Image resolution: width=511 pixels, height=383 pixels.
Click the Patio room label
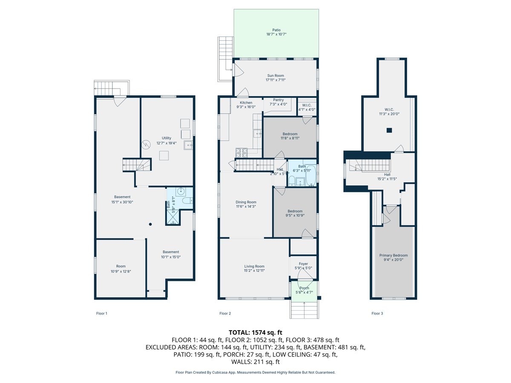276,30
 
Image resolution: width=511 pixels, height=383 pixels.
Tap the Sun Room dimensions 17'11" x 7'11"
276,80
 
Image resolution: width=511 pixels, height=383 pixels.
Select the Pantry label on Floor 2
278,100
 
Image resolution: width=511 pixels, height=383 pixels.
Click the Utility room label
167,138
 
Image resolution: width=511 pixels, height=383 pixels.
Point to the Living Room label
254,266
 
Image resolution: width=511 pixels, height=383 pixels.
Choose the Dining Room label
246,202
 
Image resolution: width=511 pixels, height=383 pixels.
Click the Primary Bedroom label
393,255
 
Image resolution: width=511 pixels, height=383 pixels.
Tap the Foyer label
303,264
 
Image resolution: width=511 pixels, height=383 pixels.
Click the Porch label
304,288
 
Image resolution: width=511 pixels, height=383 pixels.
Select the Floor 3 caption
377,314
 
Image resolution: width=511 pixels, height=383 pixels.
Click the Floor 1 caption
102,314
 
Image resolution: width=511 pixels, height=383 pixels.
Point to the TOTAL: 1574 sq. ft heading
255,332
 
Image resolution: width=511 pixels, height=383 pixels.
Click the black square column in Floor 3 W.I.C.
389,131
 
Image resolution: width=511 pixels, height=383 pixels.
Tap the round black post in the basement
150,224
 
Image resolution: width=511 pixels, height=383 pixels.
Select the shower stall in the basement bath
173,217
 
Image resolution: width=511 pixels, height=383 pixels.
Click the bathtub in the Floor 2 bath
310,176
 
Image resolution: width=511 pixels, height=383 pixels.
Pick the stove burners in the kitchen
241,153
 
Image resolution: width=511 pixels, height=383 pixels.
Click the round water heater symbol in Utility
146,145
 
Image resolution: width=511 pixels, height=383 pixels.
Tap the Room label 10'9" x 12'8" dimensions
121,271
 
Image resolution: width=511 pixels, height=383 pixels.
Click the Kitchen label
246,103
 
